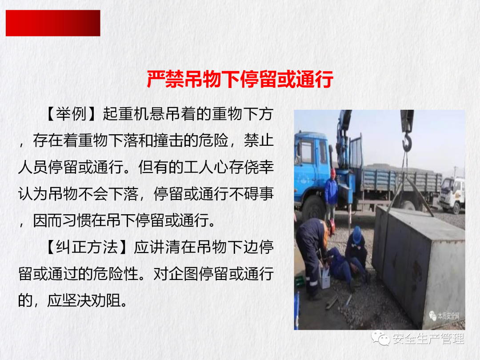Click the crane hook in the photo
click(x=407, y=141)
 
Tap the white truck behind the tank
click(x=452, y=195)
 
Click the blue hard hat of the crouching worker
click(x=357, y=235)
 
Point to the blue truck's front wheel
click(x=313, y=208)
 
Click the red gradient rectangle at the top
click(x=53, y=23)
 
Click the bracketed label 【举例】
click(x=71, y=114)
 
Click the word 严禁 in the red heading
click(x=165, y=79)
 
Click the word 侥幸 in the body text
click(x=259, y=167)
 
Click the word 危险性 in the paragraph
click(x=116, y=274)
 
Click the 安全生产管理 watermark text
click(x=428, y=339)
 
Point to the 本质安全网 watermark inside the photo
click(x=448, y=316)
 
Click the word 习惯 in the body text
click(x=78, y=221)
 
